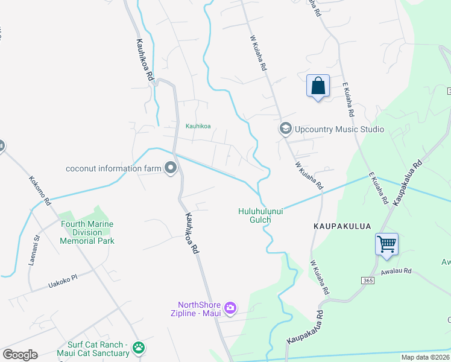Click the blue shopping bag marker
tap(318, 86)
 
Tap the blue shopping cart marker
tap(386, 244)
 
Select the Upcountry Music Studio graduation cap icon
tap(285, 129)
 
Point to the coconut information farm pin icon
tap(171, 168)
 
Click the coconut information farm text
tap(114, 168)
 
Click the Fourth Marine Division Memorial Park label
tap(87, 232)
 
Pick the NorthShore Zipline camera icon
tap(230, 309)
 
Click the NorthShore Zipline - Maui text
tap(197, 309)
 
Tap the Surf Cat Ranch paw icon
tap(139, 348)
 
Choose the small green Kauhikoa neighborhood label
tap(198, 126)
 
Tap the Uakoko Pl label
tap(64, 281)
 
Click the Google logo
tap(20, 355)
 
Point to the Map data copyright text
tap(426, 357)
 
